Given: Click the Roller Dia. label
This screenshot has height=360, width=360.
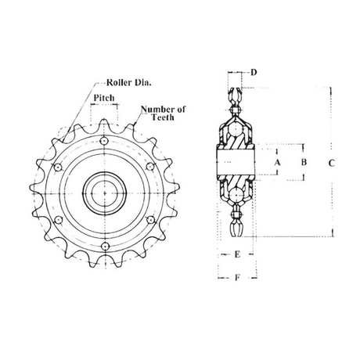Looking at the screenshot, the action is point(129,83).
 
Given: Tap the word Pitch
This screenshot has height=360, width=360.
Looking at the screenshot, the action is point(104,98).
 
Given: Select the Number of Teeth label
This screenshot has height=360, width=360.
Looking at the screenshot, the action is point(164,113).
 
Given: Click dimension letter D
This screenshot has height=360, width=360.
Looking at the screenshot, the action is point(254,72).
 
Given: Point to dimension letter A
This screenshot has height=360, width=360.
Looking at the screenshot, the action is point(277,163).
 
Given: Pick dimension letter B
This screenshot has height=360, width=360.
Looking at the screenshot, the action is point(304,162).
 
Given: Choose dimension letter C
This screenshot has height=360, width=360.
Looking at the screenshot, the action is point(331,164).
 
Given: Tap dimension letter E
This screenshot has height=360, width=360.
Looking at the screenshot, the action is point(237,254).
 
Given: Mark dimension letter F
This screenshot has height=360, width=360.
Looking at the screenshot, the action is point(237,277).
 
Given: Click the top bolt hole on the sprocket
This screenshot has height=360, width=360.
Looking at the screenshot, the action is point(104,141).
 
